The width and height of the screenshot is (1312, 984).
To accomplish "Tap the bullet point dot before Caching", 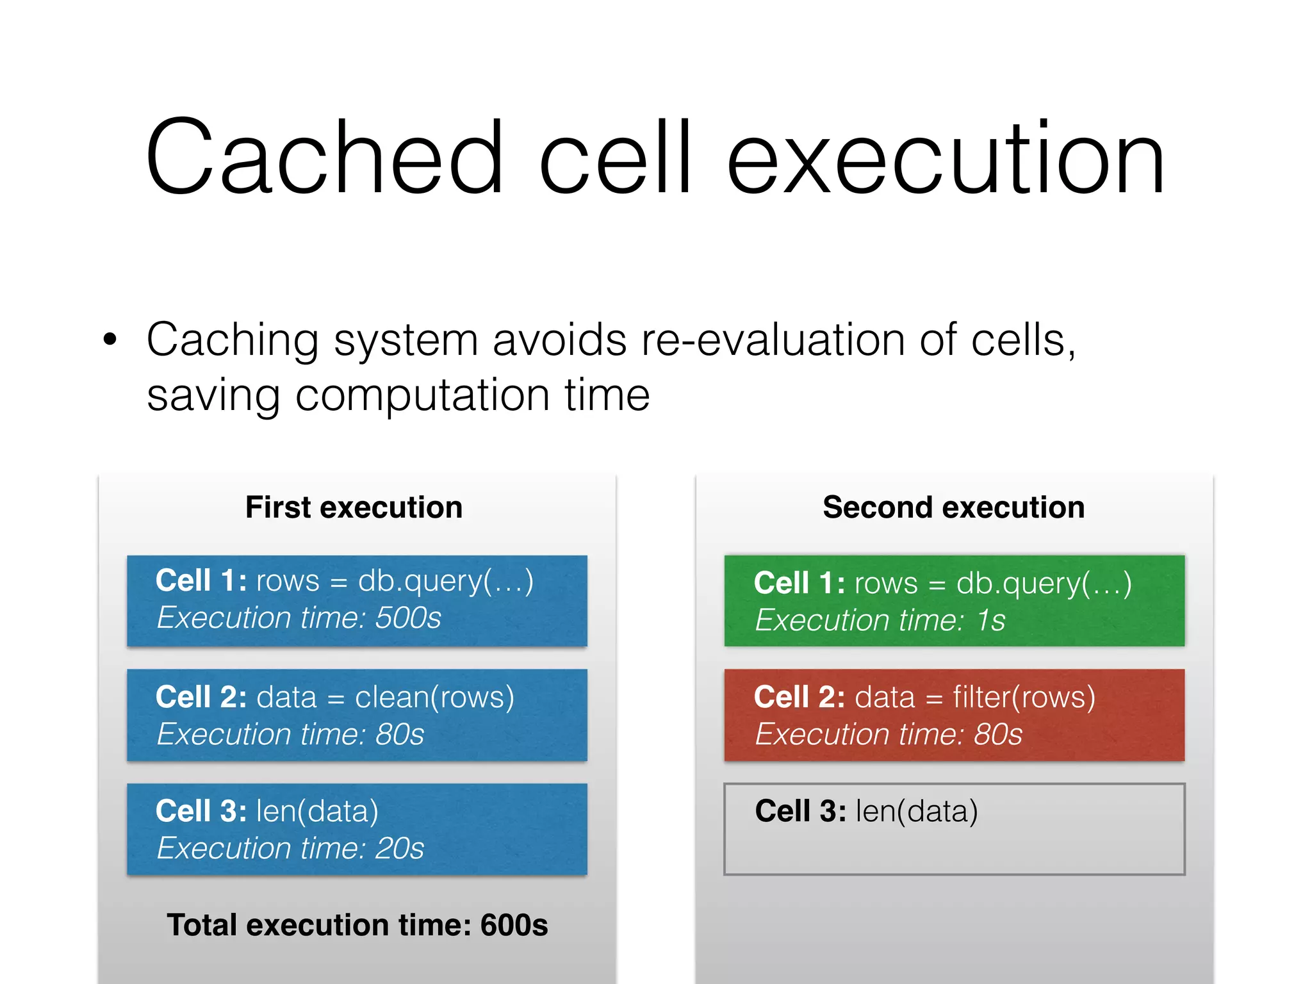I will pos(110,340).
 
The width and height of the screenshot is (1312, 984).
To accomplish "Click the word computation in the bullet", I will pos(422,396).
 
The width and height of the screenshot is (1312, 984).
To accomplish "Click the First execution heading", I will pos(354,507).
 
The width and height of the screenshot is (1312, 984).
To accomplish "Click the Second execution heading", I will pos(953,507).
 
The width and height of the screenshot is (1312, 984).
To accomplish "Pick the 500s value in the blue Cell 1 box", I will pos(408,618).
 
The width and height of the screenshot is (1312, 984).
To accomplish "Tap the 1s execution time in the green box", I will pos(990,620).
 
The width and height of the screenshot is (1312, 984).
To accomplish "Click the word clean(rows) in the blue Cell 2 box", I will pos(434,697).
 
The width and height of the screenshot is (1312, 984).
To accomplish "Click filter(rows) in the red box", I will pos(1024,697).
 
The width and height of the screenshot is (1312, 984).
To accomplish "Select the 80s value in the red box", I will pos(998,734).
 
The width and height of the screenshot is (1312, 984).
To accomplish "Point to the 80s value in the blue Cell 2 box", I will pos(400,734).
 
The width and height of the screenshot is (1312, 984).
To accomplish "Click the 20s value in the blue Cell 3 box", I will pos(400,848).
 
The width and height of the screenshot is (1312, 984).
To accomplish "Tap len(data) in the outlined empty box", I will pos(916,811).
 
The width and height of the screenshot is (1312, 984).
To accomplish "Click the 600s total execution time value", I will pos(514,925).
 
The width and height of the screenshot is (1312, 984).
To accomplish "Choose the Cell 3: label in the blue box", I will pos(201,811).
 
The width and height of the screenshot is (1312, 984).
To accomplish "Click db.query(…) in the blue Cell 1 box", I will pos(445,582).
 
